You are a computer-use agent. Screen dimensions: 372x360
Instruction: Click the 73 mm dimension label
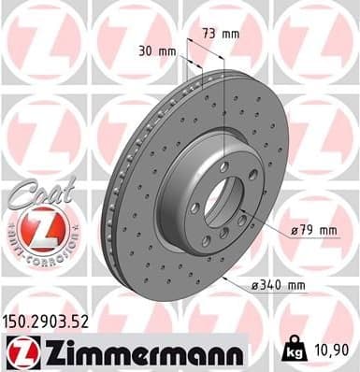coord(223,34)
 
